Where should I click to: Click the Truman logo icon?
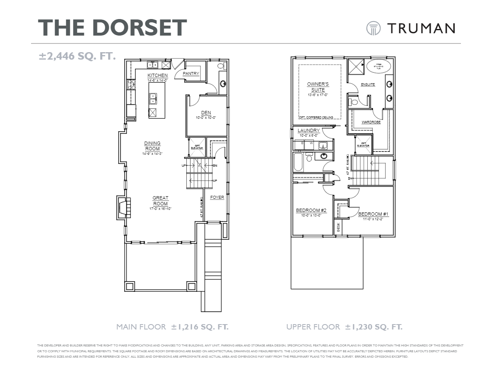[x=373, y=28]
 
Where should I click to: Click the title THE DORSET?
[x=113, y=28]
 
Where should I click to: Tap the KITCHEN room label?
[x=158, y=75]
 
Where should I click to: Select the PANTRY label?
[x=191, y=74]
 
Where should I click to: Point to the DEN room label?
[x=206, y=113]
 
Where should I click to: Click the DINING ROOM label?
[x=152, y=146]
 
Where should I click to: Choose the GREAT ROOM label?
[x=160, y=201]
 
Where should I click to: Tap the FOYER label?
[x=217, y=197]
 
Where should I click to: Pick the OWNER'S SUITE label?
[x=318, y=87]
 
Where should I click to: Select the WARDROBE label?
[x=371, y=123]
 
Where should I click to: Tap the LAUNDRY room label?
[x=309, y=131]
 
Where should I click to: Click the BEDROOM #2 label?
[x=311, y=211]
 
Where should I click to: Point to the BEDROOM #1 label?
[x=373, y=214]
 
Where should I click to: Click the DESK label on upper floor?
[x=338, y=226]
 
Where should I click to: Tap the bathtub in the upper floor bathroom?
[x=298, y=162]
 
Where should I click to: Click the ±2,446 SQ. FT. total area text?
[x=77, y=56]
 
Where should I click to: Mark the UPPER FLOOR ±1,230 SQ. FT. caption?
[x=344, y=327]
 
